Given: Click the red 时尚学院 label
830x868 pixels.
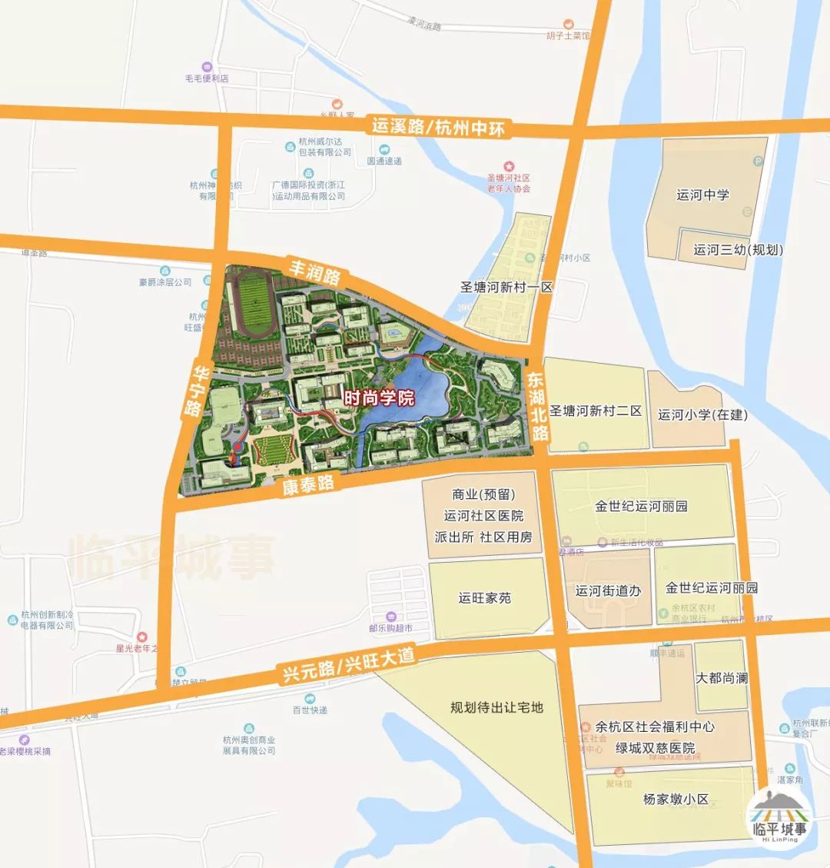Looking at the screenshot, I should [x=378, y=398].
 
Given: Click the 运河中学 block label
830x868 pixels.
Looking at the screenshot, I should [x=702, y=195].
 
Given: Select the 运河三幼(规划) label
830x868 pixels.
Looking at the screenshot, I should [x=738, y=250].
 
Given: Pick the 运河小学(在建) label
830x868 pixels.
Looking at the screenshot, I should [x=702, y=414].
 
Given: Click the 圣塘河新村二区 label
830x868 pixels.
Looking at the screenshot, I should [x=596, y=411].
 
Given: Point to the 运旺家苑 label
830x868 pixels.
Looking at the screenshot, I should [x=484, y=597].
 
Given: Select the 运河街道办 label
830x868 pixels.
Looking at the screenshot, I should [x=608, y=591].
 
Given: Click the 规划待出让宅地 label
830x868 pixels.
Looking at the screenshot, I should [x=496, y=707].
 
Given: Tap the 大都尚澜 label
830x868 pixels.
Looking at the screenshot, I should [x=721, y=678].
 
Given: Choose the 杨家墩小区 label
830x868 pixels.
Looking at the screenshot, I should [x=676, y=799].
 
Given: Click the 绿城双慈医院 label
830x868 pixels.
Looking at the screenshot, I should [x=655, y=748].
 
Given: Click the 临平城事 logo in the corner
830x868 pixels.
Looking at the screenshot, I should [x=780, y=816].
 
